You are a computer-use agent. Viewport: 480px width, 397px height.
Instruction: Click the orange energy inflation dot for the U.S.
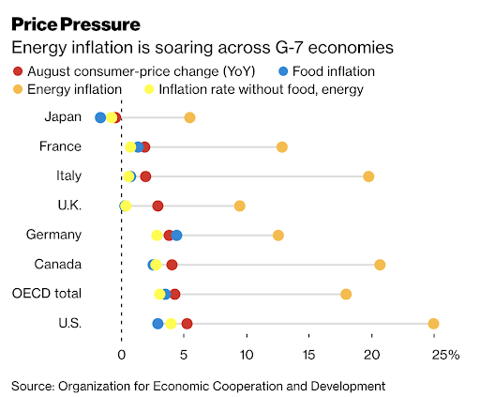[x=433, y=324]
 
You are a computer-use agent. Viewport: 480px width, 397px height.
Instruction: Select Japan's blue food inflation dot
[x=100, y=117]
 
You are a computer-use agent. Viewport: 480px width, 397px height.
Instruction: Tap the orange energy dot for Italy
[x=368, y=176]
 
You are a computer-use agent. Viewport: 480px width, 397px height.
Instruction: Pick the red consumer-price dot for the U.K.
[x=157, y=206]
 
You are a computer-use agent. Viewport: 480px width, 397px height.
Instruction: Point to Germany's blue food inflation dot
[x=176, y=236]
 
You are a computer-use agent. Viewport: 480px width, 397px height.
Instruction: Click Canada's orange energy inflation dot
[x=380, y=265]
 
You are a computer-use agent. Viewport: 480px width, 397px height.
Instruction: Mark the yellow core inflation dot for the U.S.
[x=171, y=324]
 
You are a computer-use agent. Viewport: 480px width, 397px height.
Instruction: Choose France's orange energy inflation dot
[x=282, y=147]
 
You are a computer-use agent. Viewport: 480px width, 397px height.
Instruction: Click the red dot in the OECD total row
[x=174, y=294]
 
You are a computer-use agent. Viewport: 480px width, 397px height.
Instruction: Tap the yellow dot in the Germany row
[x=157, y=236]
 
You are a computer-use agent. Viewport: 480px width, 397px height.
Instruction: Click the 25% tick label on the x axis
[x=445, y=355]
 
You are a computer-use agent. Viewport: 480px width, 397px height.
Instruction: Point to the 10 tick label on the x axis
[x=247, y=355]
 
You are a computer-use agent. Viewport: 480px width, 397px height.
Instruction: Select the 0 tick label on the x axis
[x=122, y=355]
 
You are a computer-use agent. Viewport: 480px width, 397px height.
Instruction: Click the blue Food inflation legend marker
[x=283, y=71]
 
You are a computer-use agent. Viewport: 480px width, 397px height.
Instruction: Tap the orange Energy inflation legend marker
[x=18, y=89]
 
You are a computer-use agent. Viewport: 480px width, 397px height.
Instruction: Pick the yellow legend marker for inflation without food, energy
[x=149, y=89]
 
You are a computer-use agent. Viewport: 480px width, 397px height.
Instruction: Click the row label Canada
[x=58, y=265]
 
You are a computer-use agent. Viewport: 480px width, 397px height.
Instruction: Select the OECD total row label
[x=47, y=294]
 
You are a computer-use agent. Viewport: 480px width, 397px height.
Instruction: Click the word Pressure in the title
[x=100, y=24]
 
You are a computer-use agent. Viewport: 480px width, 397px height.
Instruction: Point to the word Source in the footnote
[x=33, y=386]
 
